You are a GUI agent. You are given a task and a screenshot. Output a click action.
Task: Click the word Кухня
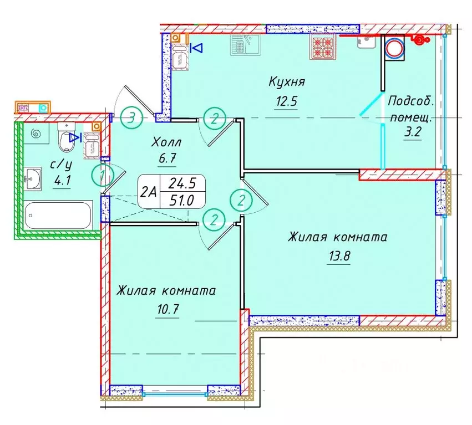coord(287,83)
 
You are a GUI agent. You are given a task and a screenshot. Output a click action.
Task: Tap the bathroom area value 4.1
coord(61,180)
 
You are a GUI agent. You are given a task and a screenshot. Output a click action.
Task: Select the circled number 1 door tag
coord(102,177)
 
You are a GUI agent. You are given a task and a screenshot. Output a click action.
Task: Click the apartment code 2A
coord(148,192)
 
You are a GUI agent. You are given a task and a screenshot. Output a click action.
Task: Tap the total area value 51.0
coord(182,201)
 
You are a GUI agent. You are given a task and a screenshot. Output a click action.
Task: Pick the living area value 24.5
coord(182,183)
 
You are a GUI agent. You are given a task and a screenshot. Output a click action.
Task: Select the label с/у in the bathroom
coord(61,164)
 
